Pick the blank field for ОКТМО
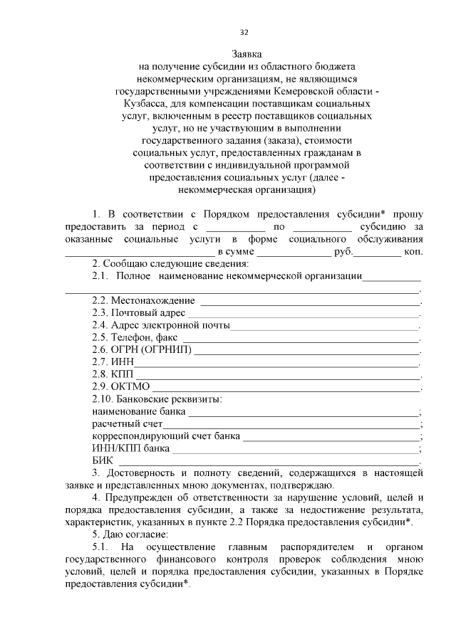(x=285, y=389)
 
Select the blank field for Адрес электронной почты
(x=324, y=327)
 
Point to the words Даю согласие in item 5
(x=138, y=534)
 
